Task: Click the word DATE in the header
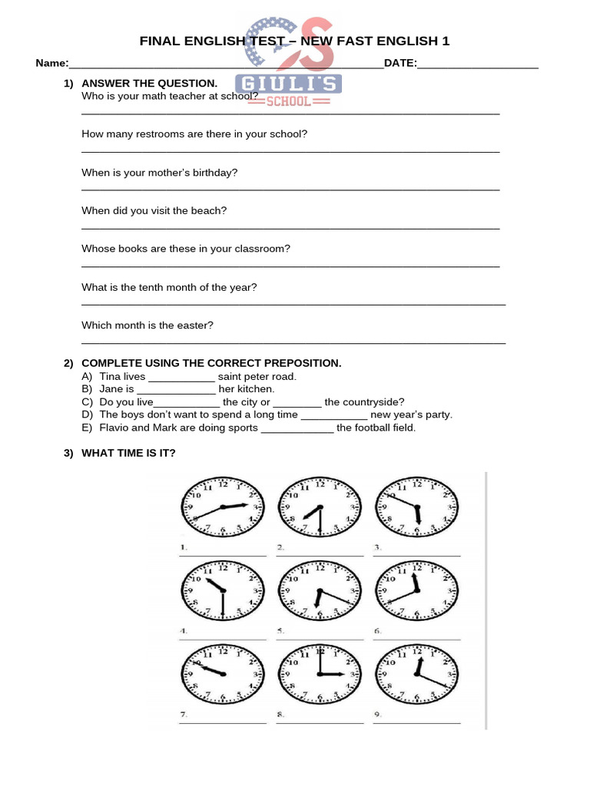(x=399, y=63)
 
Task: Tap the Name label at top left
(x=51, y=63)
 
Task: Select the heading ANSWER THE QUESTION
(x=149, y=83)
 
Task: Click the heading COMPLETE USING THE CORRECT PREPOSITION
(x=211, y=363)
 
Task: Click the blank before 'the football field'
(x=297, y=428)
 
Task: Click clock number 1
(x=222, y=507)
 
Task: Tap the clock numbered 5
(x=319, y=591)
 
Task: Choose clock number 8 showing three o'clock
(x=319, y=673)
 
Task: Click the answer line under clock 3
(x=416, y=554)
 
